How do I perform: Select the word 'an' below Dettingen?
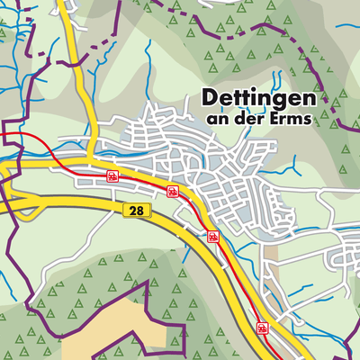(x=218, y=117)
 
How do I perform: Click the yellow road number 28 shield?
(x=132, y=209)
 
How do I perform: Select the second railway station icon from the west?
(x=172, y=191)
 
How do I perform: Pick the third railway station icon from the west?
(x=212, y=237)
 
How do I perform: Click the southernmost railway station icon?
(x=262, y=328)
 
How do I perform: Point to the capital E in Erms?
(x=274, y=117)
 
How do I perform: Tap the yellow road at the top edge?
(x=65, y=7)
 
